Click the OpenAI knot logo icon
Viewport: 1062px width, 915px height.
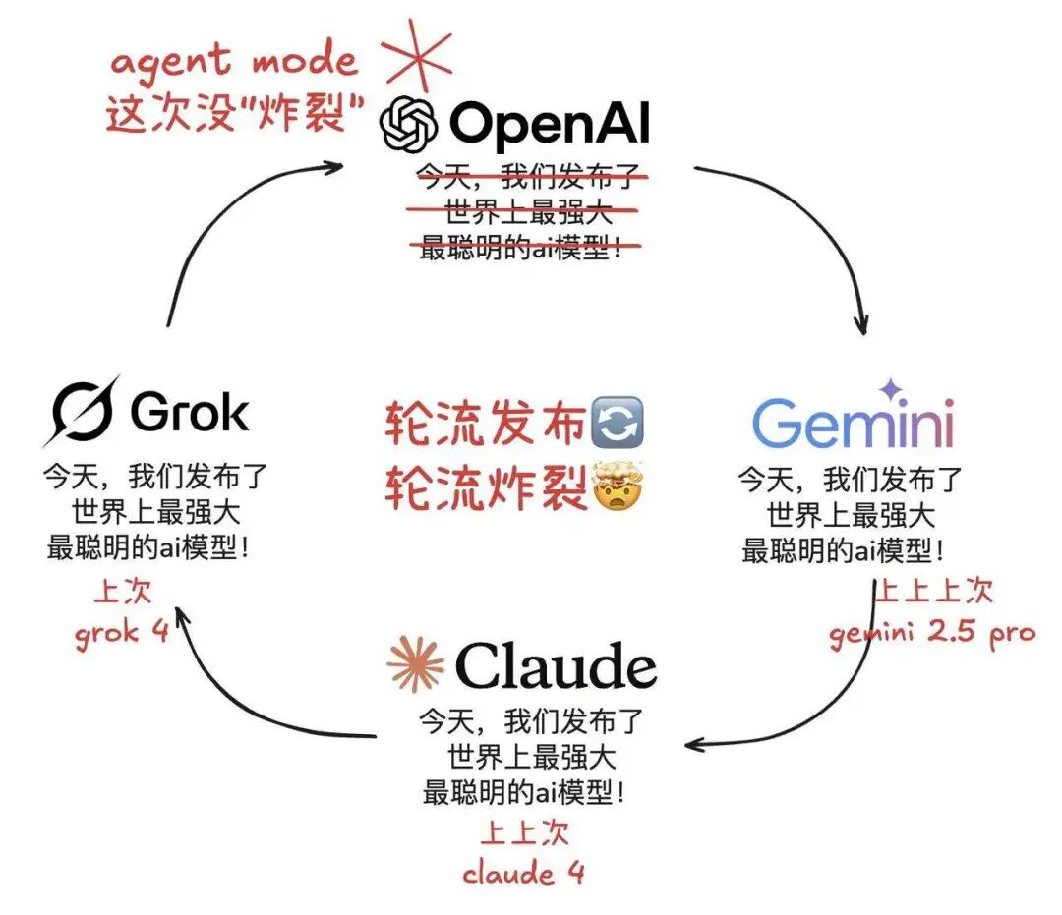pyautogui.click(x=409, y=125)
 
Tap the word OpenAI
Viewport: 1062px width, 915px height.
pyautogui.click(x=549, y=125)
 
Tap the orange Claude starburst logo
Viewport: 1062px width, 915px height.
pyautogui.click(x=415, y=663)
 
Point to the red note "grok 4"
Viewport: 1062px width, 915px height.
pyautogui.click(x=122, y=631)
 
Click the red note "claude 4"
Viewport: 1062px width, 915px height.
pyautogui.click(x=523, y=872)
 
